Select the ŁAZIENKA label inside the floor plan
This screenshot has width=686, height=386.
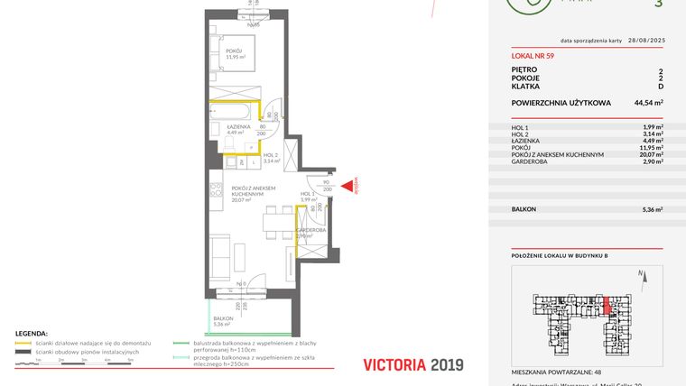click(x=238, y=129)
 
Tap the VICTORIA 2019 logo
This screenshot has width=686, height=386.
click(x=413, y=364)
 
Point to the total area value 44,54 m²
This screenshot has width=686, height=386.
click(x=648, y=103)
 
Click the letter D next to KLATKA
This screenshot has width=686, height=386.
click(x=661, y=86)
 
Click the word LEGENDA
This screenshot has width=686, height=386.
click(x=32, y=334)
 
